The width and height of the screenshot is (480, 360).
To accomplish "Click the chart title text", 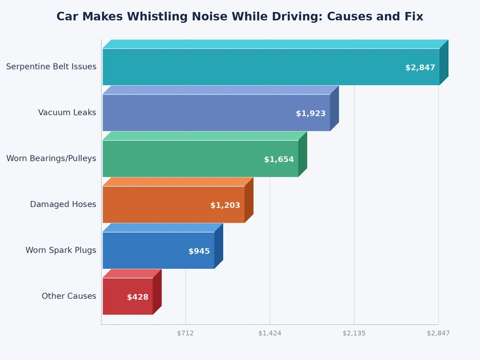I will pyautogui.click(x=239, y=17).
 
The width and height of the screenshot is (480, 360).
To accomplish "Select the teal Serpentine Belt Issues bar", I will pyautogui.click(x=252, y=67).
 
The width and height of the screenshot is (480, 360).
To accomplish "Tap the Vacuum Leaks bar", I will pyautogui.click(x=198, y=112).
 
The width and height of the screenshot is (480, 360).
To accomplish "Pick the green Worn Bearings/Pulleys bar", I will pyautogui.click(x=180, y=158).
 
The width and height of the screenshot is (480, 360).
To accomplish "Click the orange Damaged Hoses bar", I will pyautogui.click(x=156, y=204).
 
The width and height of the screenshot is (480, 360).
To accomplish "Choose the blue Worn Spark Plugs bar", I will pyautogui.click(x=144, y=250).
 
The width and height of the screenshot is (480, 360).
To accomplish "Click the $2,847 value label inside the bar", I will pyautogui.click(x=420, y=68).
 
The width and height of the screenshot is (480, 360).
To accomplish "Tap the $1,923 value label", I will pyautogui.click(x=311, y=113).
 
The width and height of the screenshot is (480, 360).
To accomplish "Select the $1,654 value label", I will pyautogui.click(x=279, y=160).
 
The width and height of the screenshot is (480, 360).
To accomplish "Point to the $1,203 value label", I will pyautogui.click(x=225, y=205).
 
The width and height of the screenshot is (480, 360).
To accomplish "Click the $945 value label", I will pyautogui.click(x=199, y=251).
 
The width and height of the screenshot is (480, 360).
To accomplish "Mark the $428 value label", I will pyautogui.click(x=137, y=297).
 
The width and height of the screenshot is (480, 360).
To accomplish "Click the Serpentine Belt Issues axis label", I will pyautogui.click(x=51, y=67).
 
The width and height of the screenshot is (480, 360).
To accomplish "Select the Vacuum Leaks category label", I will pyautogui.click(x=67, y=112).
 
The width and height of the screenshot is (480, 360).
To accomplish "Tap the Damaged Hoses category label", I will pyautogui.click(x=63, y=204).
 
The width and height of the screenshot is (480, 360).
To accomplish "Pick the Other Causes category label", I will pyautogui.click(x=68, y=296).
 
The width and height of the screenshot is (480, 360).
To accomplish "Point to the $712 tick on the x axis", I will pyautogui.click(x=185, y=333).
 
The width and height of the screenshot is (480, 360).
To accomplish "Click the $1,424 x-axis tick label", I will pyautogui.click(x=269, y=333).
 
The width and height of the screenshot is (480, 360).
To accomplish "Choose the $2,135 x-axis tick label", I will pyautogui.click(x=354, y=333).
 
